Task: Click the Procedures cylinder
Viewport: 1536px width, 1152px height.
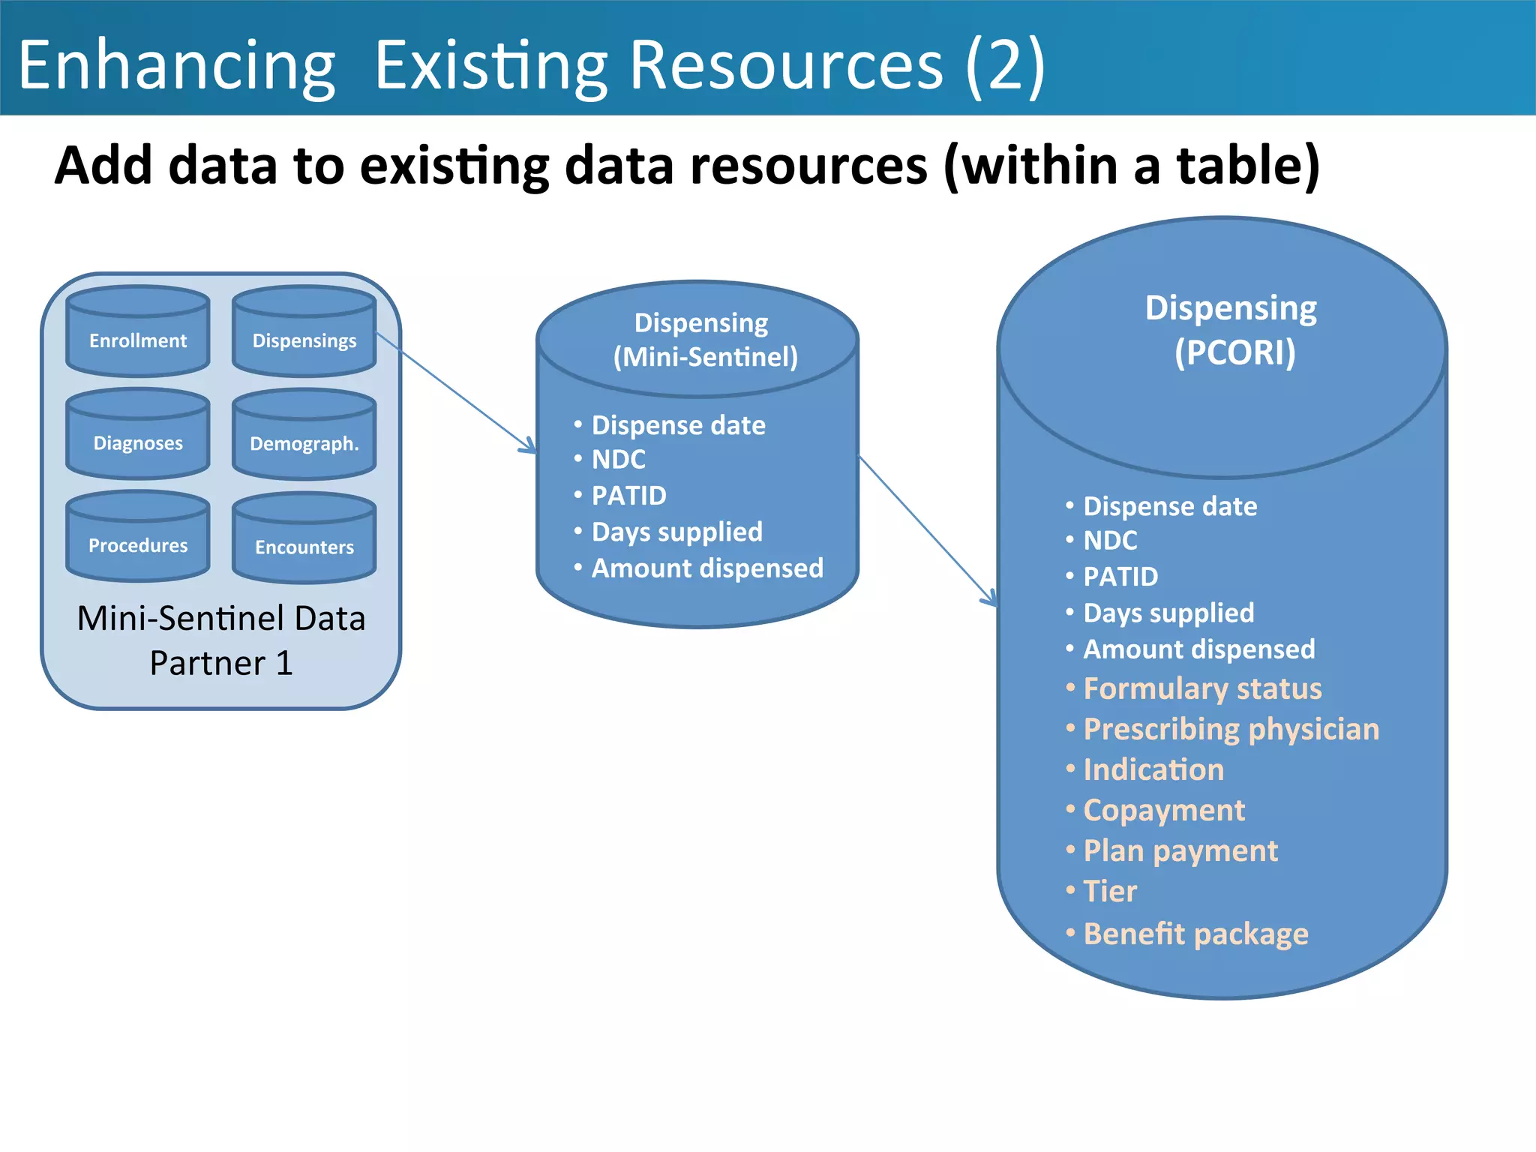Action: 138,538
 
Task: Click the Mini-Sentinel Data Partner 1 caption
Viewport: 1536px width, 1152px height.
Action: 221,640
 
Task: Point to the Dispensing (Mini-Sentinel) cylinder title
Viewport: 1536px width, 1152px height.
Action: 703,340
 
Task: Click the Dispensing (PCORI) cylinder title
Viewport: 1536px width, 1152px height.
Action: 1232,330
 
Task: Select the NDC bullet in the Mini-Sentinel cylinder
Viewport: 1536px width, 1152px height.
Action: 618,460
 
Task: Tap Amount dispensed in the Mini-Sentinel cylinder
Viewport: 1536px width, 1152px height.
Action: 706,568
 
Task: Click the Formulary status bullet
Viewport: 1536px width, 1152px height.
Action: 1201,688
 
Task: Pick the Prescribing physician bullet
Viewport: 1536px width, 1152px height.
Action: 1230,729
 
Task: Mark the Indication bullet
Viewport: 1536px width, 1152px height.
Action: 1153,770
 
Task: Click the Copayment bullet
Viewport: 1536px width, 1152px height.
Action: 1163,811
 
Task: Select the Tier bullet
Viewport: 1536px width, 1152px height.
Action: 1109,892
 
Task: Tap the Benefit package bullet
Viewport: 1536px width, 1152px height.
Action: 1195,934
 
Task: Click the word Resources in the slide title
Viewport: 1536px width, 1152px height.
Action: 785,66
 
